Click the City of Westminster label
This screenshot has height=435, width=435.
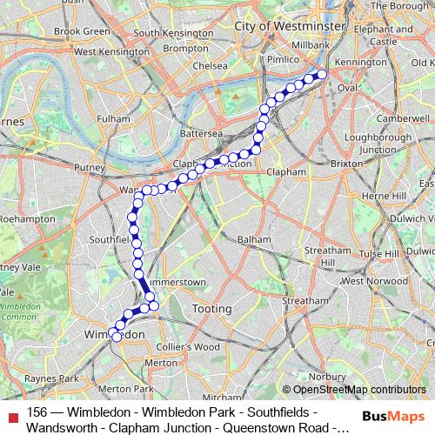coord(277,27)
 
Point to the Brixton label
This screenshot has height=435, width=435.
coord(346,163)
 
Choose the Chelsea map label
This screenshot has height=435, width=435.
coord(211,65)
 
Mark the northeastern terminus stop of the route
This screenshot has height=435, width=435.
coord(321,75)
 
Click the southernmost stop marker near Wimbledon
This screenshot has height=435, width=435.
coord(117,338)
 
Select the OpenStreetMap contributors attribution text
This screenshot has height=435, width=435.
coord(356,389)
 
